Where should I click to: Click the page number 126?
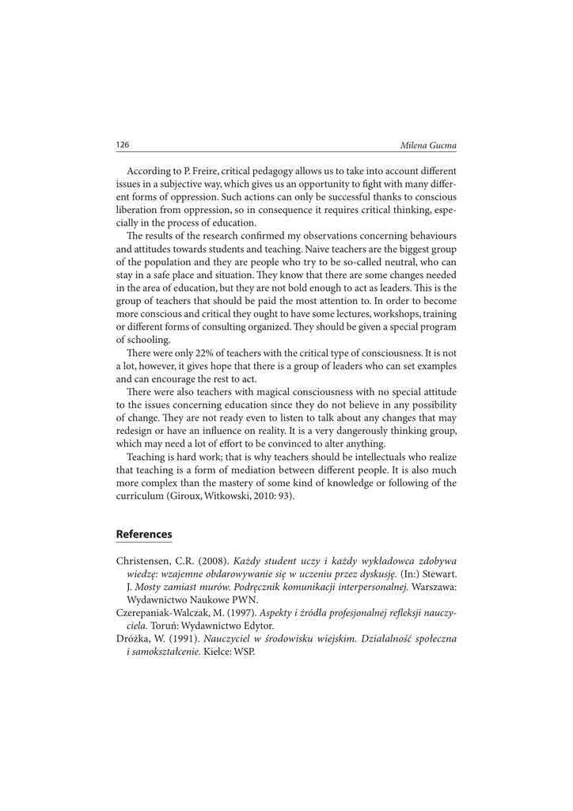(123, 145)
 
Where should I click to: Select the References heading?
(144, 535)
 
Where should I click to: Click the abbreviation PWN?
(245, 600)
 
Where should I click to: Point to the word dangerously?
(359, 430)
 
